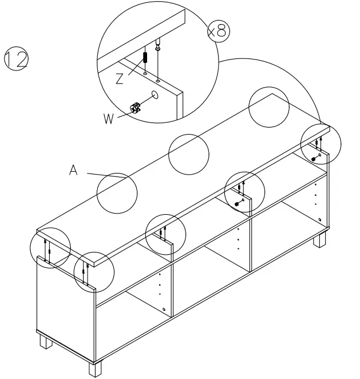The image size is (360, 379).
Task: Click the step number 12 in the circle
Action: (x=17, y=59)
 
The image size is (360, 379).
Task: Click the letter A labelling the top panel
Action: (x=73, y=170)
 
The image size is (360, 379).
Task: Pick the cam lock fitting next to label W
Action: (x=136, y=107)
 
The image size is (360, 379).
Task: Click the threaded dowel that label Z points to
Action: (x=145, y=58)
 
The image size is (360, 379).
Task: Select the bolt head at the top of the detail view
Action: (x=158, y=46)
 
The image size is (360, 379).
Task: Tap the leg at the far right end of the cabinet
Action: (x=318, y=239)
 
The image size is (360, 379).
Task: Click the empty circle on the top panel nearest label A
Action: (x=117, y=192)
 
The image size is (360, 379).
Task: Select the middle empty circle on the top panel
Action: (x=188, y=153)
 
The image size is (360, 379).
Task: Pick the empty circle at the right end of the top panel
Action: (x=268, y=108)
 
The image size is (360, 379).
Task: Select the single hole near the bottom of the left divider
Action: (x=164, y=310)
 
